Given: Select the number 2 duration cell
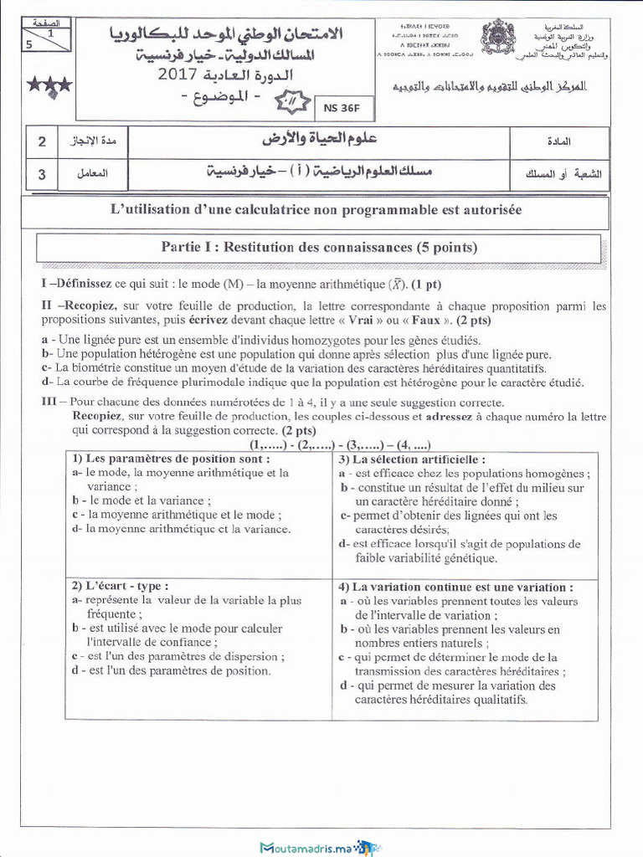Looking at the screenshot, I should [x=42, y=141].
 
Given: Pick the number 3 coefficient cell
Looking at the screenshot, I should [x=42, y=175].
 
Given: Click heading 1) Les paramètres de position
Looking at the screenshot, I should [x=171, y=459].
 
